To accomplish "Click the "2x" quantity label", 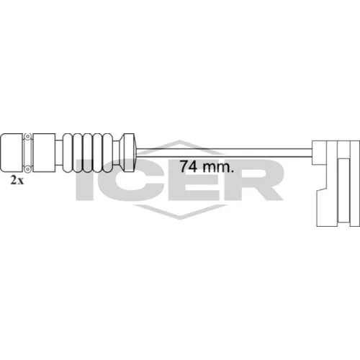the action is click(x=17, y=180).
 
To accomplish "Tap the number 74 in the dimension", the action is click(x=189, y=166).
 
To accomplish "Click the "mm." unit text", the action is click(x=217, y=167).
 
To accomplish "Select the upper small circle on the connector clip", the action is click(x=28, y=136).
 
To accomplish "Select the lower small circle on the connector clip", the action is click(x=28, y=169).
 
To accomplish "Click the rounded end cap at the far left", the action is click(x=12, y=153).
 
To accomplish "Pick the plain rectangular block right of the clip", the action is click(x=44, y=153).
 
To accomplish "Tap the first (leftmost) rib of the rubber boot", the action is click(x=68, y=153).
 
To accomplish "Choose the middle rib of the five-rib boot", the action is click(x=89, y=153).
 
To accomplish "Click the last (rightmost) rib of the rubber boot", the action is click(x=109, y=153).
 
